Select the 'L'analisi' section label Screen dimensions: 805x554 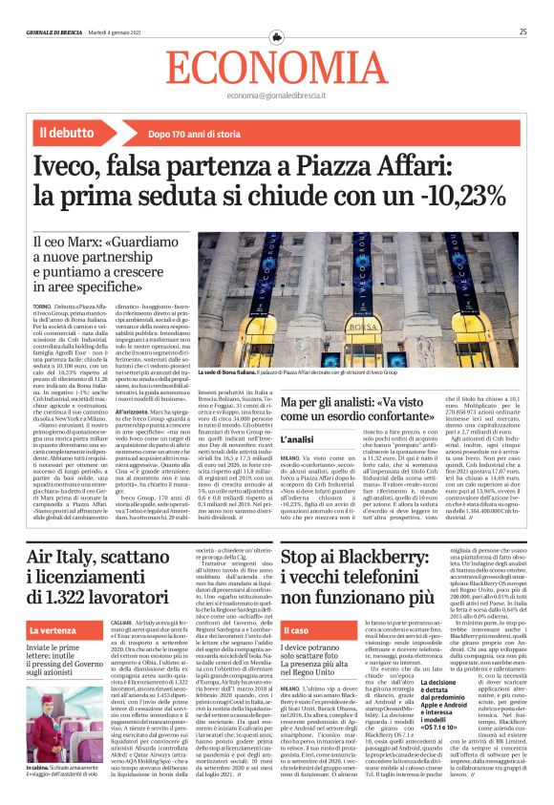click(x=297, y=437)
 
